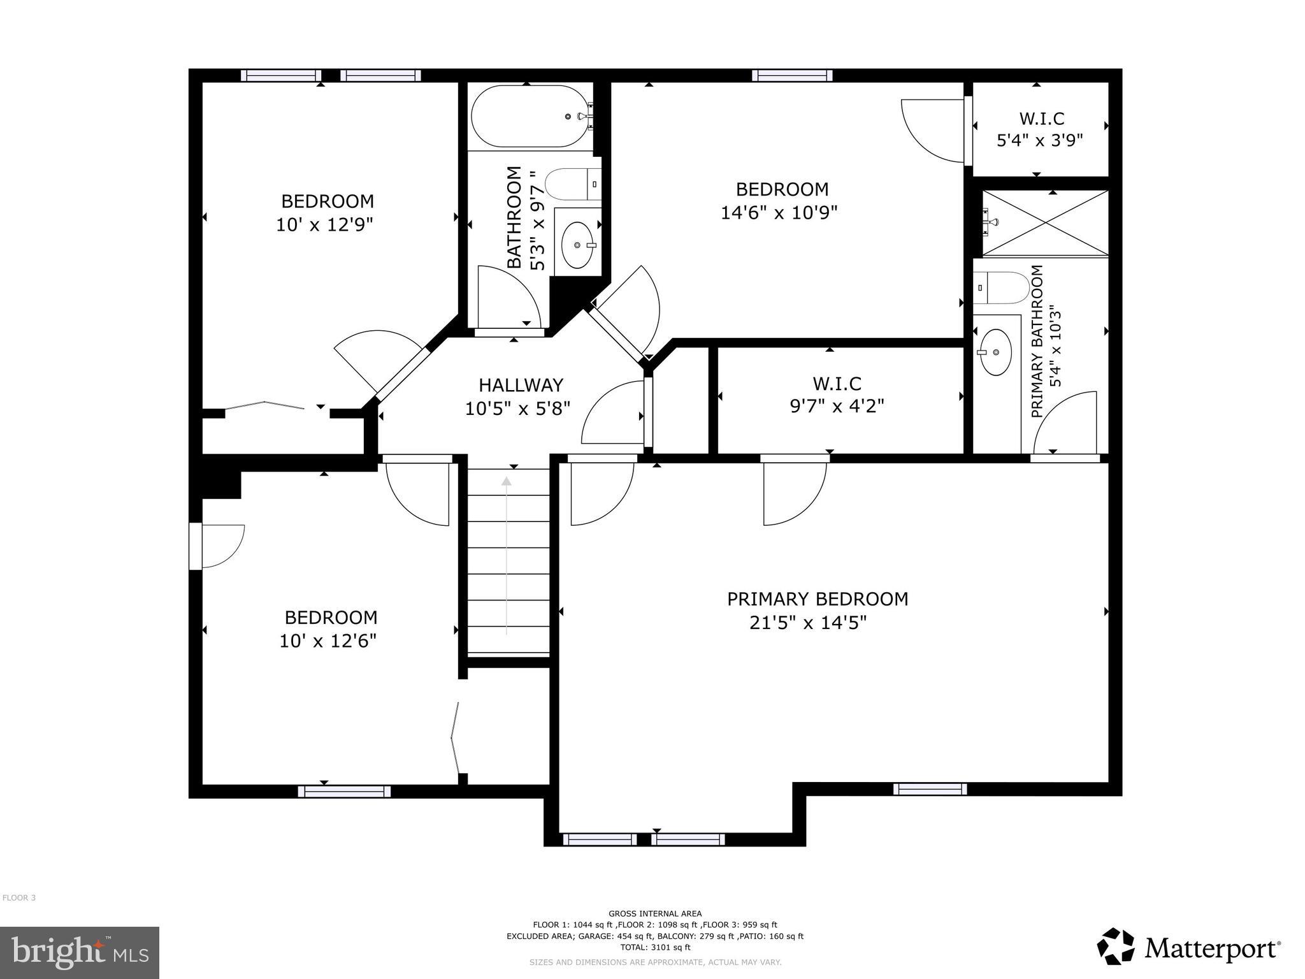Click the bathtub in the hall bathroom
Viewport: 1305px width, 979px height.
529,117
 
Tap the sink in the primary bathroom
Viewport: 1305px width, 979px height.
995,352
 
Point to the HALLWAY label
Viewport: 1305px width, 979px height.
521,385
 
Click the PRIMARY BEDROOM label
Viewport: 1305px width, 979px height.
818,599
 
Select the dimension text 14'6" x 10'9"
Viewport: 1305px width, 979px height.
779,212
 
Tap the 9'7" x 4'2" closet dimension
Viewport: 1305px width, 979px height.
837,406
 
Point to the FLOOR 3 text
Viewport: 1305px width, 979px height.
19,898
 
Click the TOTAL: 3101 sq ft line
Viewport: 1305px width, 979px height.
654,948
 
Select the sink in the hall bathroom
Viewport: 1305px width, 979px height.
578,245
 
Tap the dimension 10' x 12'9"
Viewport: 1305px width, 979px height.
324,225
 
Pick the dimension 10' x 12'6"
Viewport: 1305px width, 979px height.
328,641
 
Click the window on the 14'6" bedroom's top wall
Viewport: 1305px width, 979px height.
792,75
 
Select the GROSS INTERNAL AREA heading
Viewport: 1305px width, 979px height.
654,913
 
